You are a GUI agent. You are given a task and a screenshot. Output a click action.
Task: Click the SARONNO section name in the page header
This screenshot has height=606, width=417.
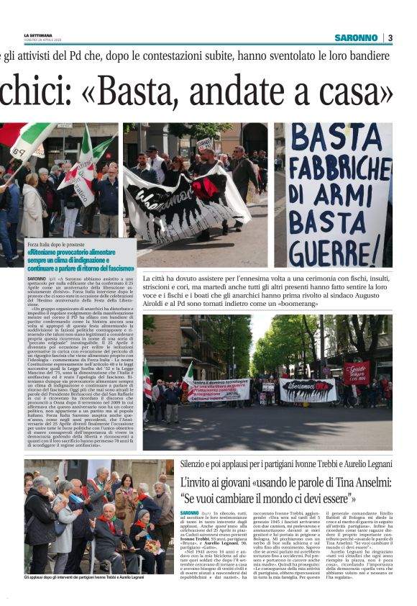(356, 37)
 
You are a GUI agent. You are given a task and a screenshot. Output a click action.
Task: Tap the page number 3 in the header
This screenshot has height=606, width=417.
(390, 37)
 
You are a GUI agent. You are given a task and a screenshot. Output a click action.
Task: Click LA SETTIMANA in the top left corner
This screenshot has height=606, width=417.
(37, 34)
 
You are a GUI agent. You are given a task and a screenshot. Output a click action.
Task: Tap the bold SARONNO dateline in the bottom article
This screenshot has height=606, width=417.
(190, 512)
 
